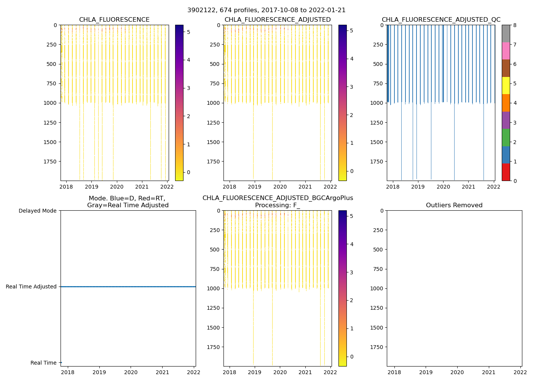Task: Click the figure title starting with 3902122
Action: [x=266, y=10]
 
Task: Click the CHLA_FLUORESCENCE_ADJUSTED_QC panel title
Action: [x=441, y=20]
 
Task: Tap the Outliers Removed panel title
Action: [x=454, y=205]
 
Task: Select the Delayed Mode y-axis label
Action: [x=37, y=211]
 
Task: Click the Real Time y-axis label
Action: [x=43, y=363]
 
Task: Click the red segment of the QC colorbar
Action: [x=506, y=172]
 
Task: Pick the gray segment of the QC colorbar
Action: [x=506, y=34]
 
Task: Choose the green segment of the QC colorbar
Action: [x=506, y=137]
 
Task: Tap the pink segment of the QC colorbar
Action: [x=506, y=51]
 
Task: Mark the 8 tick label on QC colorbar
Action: [x=515, y=25]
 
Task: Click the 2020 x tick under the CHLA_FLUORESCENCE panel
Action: [x=116, y=187]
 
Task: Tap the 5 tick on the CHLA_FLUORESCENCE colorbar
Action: [x=188, y=32]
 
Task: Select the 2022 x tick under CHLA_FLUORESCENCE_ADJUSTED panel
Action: [x=330, y=187]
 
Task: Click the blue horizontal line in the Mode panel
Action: [x=128, y=287]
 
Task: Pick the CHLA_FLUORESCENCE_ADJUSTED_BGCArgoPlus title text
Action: [x=278, y=198]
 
